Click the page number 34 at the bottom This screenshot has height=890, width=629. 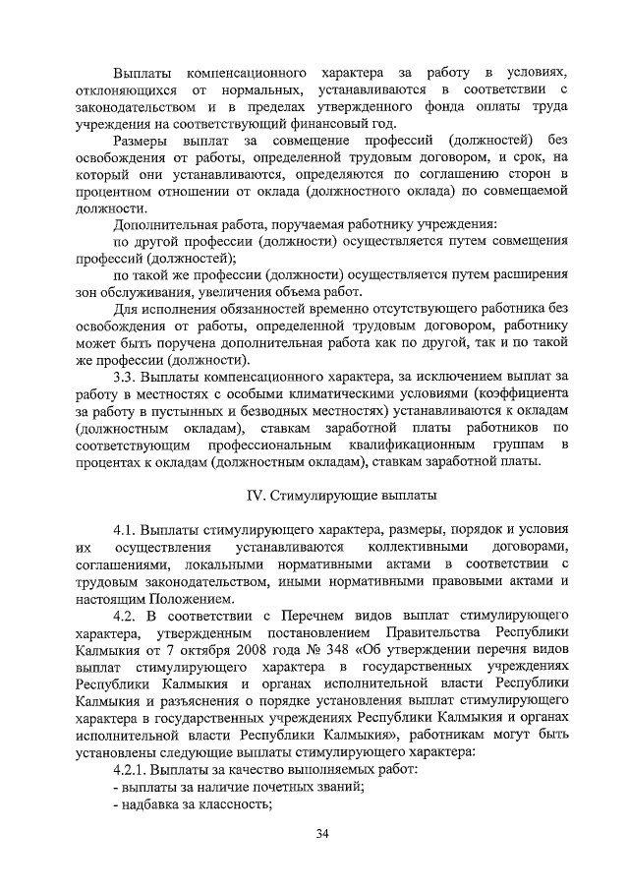pyautogui.click(x=320, y=835)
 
